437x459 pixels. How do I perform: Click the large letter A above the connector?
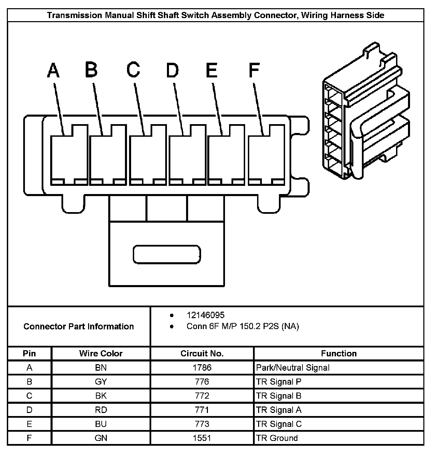[53, 70]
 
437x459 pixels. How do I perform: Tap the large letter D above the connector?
[172, 70]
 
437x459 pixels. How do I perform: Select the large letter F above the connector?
[254, 70]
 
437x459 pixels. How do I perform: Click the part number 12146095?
[206, 315]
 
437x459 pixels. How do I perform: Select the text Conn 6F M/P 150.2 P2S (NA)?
[242, 326]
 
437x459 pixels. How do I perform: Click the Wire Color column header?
[101, 354]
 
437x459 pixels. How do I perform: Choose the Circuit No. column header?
[202, 354]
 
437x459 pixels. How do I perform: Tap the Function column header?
[339, 354]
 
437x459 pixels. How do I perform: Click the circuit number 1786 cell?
[202, 368]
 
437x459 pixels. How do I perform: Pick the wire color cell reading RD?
[101, 410]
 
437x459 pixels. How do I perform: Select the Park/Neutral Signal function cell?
[293, 368]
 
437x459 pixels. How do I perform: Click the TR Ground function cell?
[277, 438]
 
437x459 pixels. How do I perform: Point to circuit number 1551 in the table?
[202, 438]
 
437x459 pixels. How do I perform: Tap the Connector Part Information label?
[79, 327]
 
